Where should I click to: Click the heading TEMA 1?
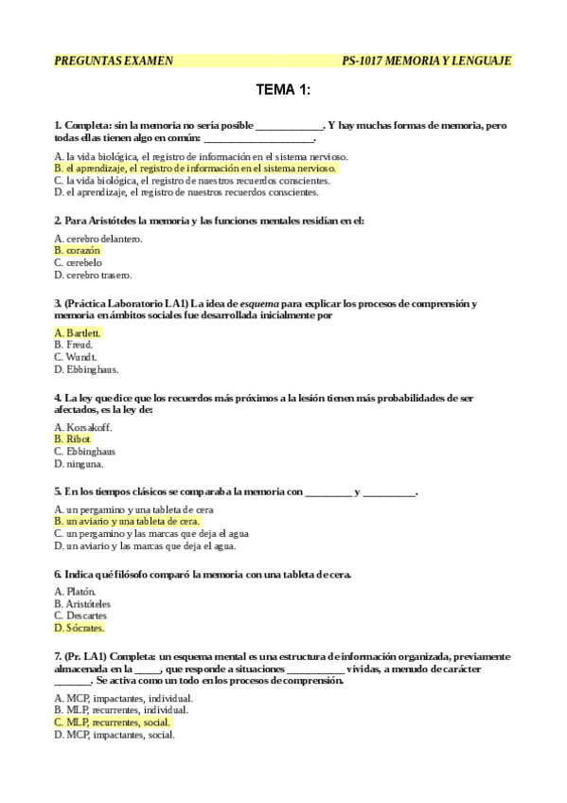(283, 91)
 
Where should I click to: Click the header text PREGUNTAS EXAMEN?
(114, 61)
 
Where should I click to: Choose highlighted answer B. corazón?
(78, 251)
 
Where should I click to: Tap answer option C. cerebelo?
(79, 263)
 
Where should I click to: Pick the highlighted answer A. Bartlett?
(79, 332)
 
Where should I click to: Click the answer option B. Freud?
(75, 345)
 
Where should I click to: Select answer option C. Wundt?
(76, 357)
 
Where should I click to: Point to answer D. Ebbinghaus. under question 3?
(87, 369)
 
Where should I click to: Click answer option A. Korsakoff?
(84, 427)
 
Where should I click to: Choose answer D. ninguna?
(80, 464)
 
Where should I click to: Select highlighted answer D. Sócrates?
(80, 628)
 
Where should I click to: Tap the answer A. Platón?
(76, 591)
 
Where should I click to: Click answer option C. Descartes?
(81, 616)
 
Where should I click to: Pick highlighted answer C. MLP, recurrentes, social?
(113, 722)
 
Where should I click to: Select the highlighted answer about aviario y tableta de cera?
(127, 522)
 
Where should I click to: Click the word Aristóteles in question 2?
(108, 221)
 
